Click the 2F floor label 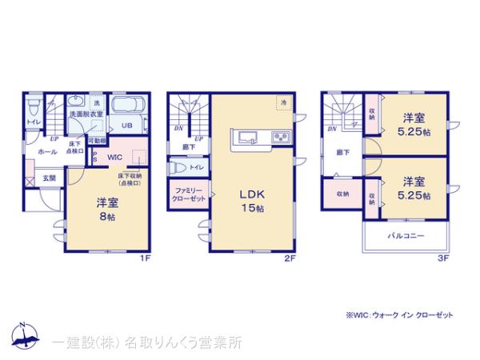(x=291, y=258)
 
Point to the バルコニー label (x=407, y=236)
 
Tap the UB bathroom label (x=126, y=126)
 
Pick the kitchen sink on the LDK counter (x=244, y=135)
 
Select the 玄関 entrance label (x=50, y=178)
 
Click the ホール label (x=46, y=150)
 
